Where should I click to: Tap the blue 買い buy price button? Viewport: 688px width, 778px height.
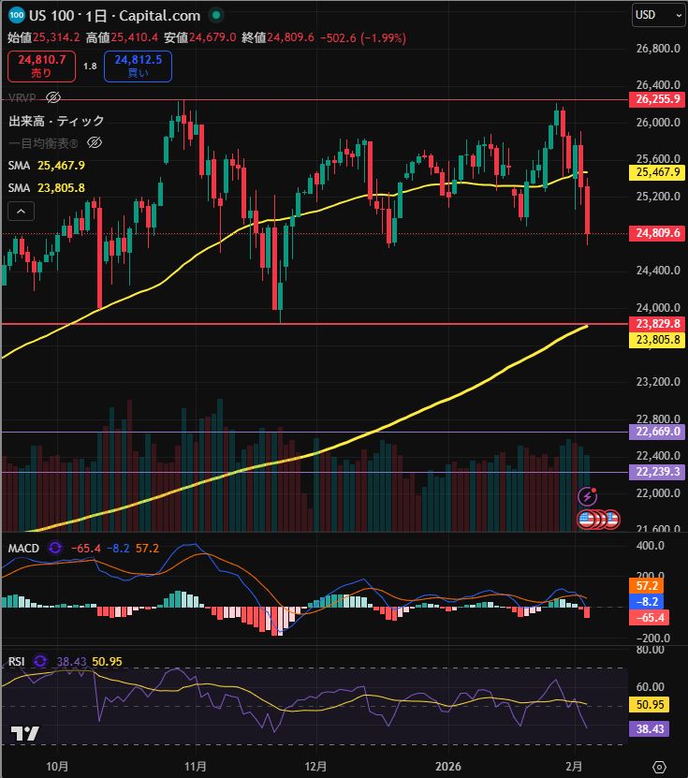pyautogui.click(x=139, y=66)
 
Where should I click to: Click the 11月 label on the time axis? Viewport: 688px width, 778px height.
pyautogui.click(x=195, y=766)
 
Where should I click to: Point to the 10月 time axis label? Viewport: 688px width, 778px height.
pyautogui.click(x=57, y=766)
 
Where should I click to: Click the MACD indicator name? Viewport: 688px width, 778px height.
pyautogui.click(x=23, y=547)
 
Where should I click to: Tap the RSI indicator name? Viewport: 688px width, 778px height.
pyautogui.click(x=17, y=661)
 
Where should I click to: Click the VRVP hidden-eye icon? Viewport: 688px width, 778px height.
pyautogui.click(x=53, y=97)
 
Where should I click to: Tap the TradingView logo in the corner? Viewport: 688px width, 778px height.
pyautogui.click(x=24, y=734)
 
